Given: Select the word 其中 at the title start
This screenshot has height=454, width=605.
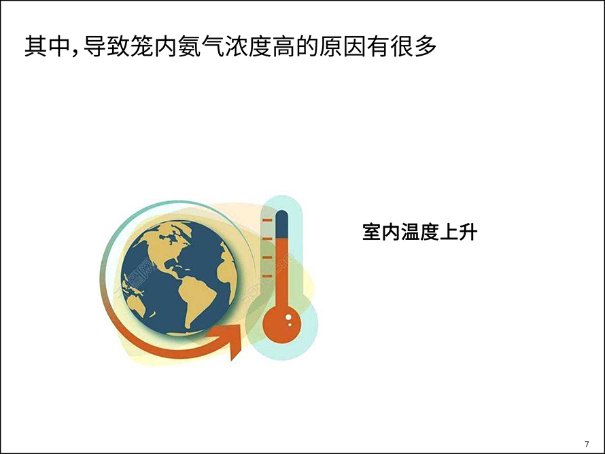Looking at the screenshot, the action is coord(48,47).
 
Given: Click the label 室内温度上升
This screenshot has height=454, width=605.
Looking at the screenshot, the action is coord(420,232).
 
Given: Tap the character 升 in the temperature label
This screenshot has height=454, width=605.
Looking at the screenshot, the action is coord(468,232).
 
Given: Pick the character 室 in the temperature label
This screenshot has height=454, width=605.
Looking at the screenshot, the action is coord(372,232).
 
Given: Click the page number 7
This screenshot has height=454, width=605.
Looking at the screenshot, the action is coord(587,444).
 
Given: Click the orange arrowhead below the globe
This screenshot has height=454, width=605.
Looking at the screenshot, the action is coord(227,340).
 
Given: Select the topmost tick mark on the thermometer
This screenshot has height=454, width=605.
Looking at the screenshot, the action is coord(267,220).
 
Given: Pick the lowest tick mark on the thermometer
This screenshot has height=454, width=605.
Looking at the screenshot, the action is coord(267,276).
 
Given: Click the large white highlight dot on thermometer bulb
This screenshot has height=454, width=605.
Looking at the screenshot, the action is coord(288,317).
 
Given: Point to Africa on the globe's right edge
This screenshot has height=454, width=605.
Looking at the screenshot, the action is coord(226,266).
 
